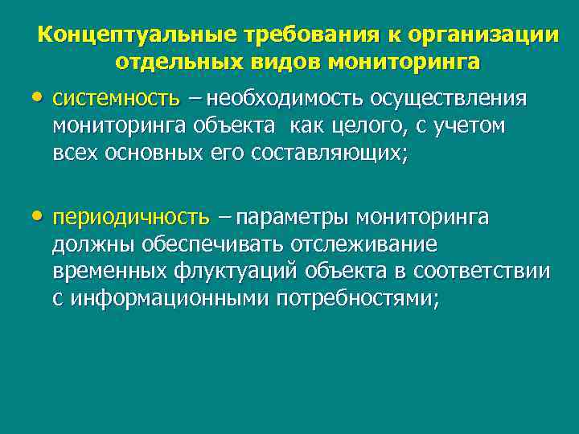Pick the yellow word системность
[x=116, y=99]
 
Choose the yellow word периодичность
[x=131, y=218]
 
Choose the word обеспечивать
[x=202, y=244]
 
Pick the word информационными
[x=170, y=299]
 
